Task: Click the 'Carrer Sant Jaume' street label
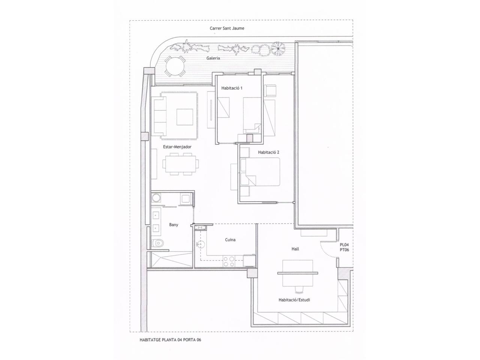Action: pos(227,28)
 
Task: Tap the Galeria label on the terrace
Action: pos(213,58)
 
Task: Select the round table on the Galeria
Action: pos(175,66)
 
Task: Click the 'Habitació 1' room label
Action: pos(232,88)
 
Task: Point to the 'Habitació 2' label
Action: pos(268,152)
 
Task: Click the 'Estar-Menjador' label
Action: pos(177,147)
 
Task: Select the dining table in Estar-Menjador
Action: pos(181,164)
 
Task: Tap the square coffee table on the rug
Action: pos(185,117)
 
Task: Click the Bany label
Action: pos(174,225)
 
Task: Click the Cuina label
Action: pos(230,240)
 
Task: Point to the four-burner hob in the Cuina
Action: pos(229,261)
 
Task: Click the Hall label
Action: pos(295,249)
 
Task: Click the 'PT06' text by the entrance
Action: pos(344,250)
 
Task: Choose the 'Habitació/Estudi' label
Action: pos(294,300)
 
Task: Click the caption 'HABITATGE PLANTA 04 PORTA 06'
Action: pos(170,340)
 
